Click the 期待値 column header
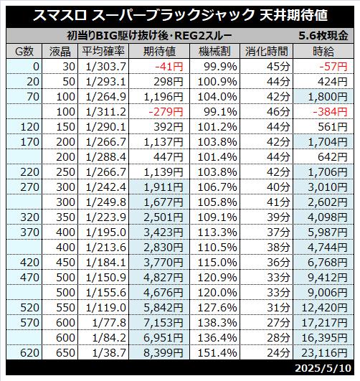click(x=159, y=51)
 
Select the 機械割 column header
click(x=214, y=51)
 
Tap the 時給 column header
click(x=323, y=51)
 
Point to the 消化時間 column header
click(x=267, y=51)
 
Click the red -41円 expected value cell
click(x=169, y=67)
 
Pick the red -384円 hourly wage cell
click(x=331, y=112)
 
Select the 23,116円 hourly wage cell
click(x=325, y=352)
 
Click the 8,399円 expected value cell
click(x=164, y=352)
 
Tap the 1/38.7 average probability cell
click(x=109, y=352)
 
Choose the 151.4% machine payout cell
click(x=217, y=352)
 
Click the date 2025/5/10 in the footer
click(x=323, y=368)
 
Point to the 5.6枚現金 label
click(x=323, y=36)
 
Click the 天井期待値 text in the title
click(x=294, y=15)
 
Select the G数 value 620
click(x=29, y=352)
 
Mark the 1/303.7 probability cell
click(x=106, y=67)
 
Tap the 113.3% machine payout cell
click(x=217, y=232)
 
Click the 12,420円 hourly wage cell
click(x=325, y=308)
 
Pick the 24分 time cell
click(x=278, y=352)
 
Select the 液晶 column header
click(x=60, y=51)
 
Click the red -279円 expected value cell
click(x=166, y=112)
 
